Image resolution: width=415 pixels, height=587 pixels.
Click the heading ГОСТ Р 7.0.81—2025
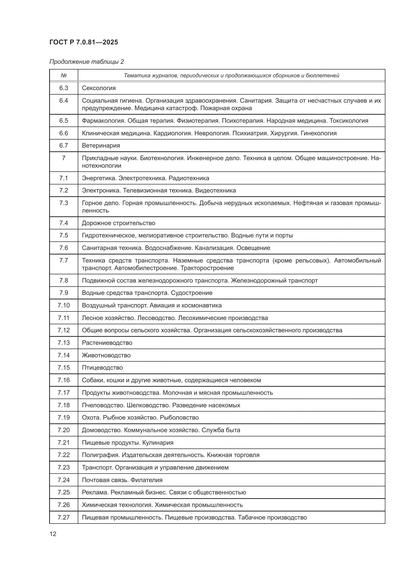pos(84,42)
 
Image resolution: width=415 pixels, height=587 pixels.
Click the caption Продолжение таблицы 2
pos(86,62)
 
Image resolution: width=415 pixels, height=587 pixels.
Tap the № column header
pos(64,76)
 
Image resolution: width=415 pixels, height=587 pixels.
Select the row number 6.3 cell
pos(64,88)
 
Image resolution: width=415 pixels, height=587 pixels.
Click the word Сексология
pos(99,88)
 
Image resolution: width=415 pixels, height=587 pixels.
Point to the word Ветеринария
pos(101,146)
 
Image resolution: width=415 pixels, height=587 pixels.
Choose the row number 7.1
pos(64,178)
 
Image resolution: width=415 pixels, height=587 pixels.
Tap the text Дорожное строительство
pos(118,223)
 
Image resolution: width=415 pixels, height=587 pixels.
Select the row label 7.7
pos(64,260)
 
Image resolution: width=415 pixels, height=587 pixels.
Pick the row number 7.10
pos(64,305)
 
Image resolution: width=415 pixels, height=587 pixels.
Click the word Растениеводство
pos(107,343)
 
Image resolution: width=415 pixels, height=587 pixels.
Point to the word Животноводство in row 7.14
pos(106,355)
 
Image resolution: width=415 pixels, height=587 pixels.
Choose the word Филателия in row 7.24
pos(147,480)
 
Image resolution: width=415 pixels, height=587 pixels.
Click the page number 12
pos(53,534)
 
